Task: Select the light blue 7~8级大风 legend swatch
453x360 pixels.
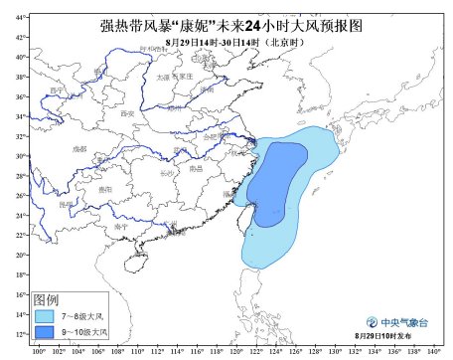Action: (x=46, y=314)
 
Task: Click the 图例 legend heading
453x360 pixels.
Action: (x=45, y=299)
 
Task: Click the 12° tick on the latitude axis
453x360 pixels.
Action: (x=21, y=333)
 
